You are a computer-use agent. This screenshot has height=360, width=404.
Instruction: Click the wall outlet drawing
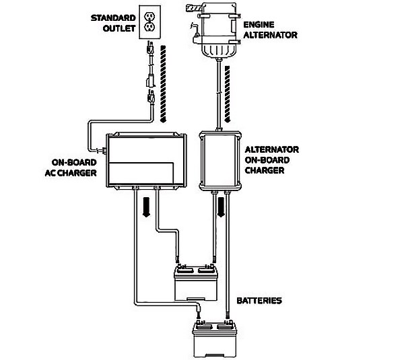(149, 22)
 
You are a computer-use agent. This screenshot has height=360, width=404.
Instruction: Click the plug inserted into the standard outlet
(149, 48)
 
